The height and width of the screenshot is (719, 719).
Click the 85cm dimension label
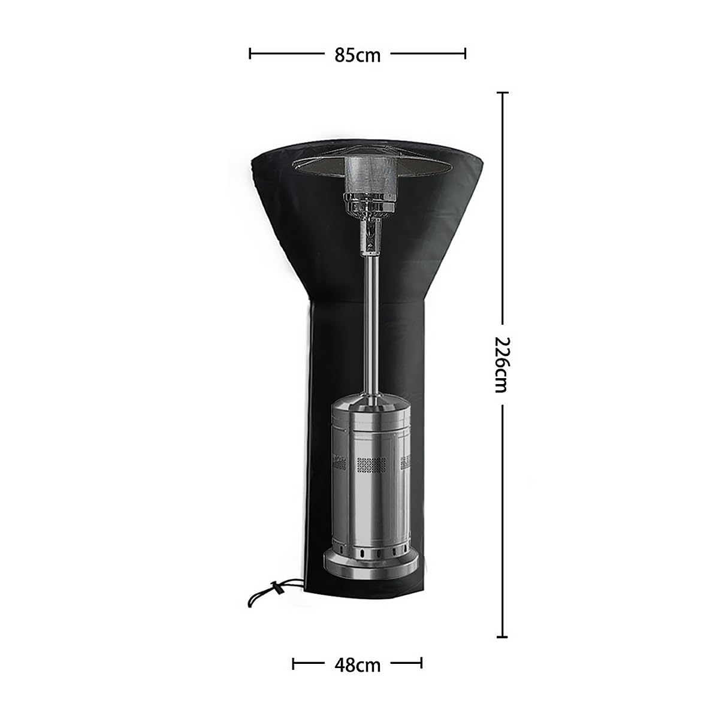click(357, 56)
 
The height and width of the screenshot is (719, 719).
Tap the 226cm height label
click(501, 364)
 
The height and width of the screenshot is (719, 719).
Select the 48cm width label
click(357, 665)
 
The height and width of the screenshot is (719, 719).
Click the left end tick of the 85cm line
click(250, 53)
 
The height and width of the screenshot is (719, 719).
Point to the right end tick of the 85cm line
click(465, 53)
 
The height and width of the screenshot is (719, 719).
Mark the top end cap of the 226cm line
click(502, 92)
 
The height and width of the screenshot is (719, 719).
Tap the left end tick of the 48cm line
click(293, 663)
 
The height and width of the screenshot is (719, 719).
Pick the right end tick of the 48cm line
click(421, 663)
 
